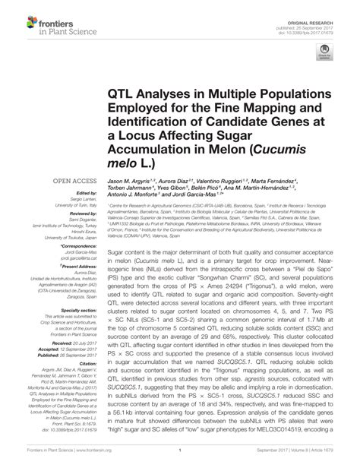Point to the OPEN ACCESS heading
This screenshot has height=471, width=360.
click(x=73, y=180)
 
